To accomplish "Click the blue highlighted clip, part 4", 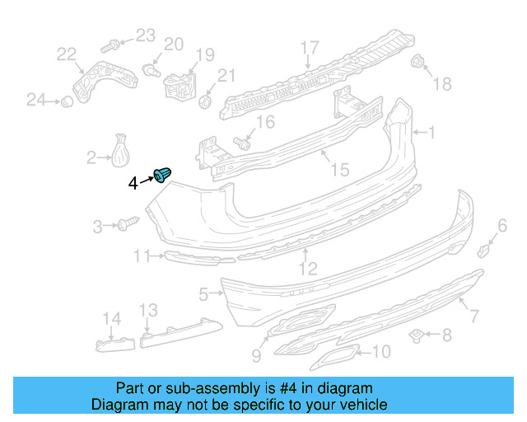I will coord(164,175).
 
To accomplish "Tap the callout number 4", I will coord(134,183).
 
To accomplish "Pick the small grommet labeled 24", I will coord(63,101).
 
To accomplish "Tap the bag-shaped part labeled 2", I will coord(122,151).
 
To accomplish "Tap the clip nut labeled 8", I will coord(417,335).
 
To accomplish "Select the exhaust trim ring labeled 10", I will coord(333,357).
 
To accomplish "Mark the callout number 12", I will coord(306,268).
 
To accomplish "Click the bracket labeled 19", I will coord(180,82).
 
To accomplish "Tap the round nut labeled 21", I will coord(206,101).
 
